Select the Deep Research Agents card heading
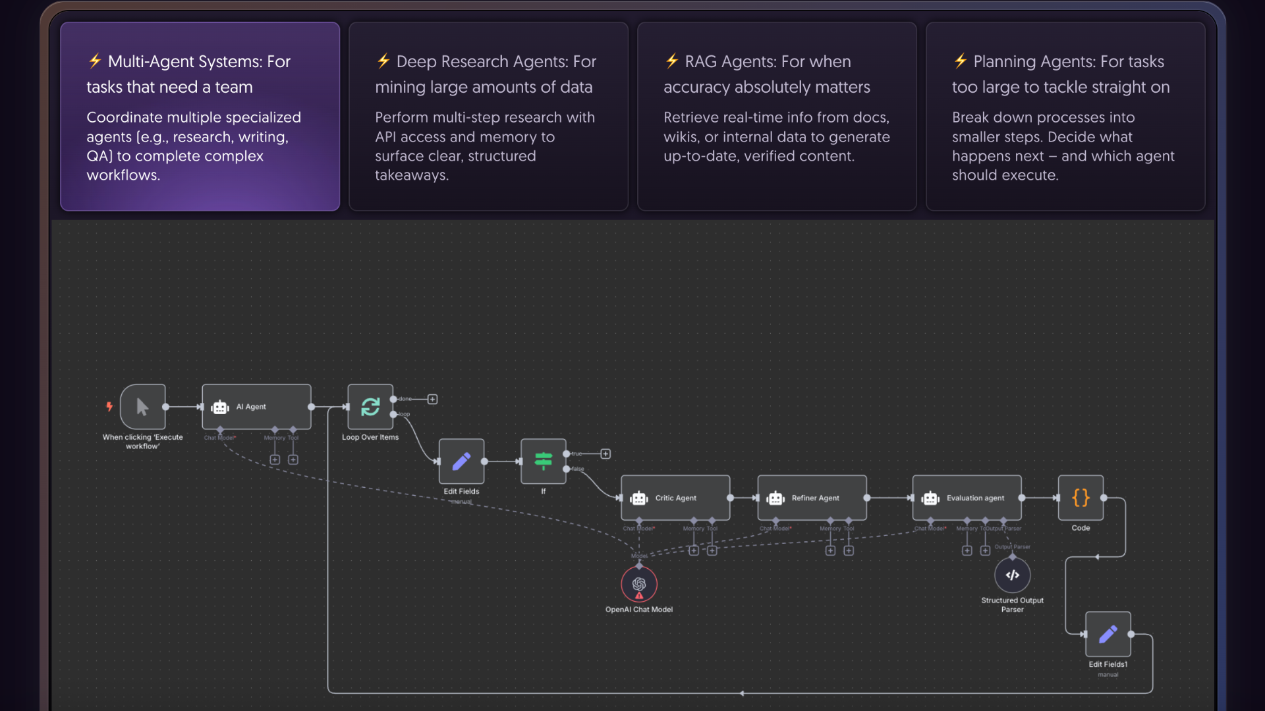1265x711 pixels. (486, 74)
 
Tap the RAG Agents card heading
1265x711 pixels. (767, 74)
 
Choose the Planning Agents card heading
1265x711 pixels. (1061, 74)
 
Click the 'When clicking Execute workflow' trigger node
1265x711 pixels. (142, 407)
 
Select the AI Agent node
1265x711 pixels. (256, 407)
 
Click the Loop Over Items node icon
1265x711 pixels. (370, 407)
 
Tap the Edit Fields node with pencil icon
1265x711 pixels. (461, 461)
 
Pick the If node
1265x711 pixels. (543, 461)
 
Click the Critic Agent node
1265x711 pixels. (675, 498)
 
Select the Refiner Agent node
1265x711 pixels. (812, 498)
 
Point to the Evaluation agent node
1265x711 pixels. (967, 498)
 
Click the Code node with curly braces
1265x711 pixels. (1081, 498)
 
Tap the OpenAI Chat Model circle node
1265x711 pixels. (639, 584)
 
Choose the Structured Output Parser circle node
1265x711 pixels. (1013, 575)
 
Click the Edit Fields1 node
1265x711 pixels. (1108, 635)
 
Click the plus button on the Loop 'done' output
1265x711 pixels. (432, 399)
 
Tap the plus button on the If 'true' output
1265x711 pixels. (605, 454)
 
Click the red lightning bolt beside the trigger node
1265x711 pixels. (109, 406)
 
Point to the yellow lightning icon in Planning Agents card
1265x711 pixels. (961, 61)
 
